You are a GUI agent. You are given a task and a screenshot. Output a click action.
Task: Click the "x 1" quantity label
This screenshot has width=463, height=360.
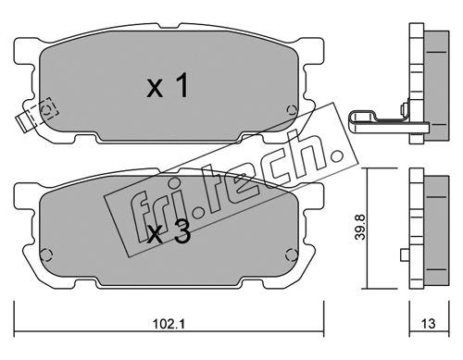(168, 87)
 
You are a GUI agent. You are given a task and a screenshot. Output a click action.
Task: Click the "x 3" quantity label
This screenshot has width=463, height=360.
(169, 234)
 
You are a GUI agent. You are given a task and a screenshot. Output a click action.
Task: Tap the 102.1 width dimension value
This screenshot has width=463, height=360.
(169, 324)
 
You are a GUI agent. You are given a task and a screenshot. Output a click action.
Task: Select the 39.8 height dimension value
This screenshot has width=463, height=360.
(360, 227)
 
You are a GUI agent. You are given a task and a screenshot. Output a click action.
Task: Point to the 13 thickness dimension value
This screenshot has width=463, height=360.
(428, 324)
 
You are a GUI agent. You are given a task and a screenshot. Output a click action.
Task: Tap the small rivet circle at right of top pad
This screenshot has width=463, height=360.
(291, 109)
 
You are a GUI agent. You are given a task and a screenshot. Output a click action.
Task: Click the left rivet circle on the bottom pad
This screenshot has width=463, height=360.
(45, 254)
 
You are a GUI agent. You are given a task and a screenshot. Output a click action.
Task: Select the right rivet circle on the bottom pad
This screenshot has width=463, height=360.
(291, 254)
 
